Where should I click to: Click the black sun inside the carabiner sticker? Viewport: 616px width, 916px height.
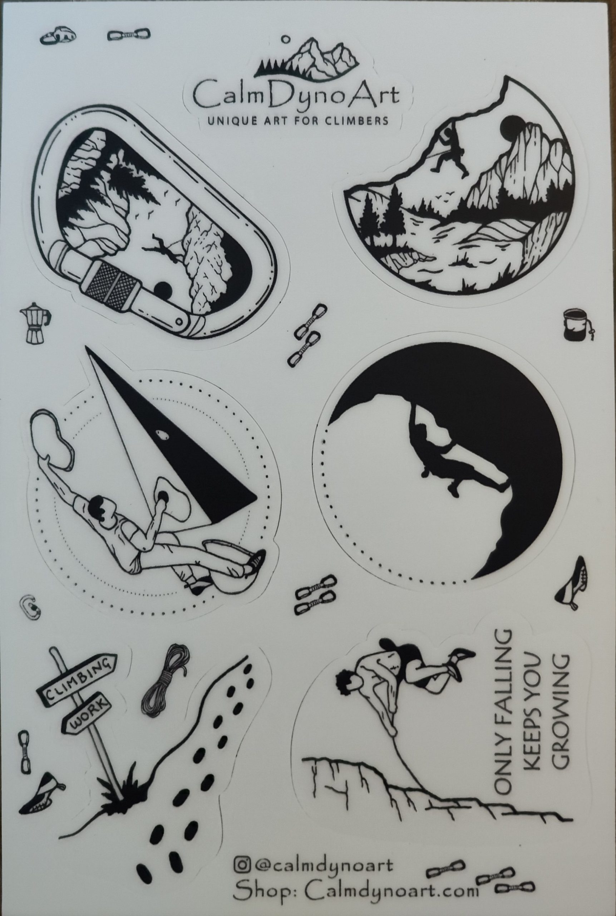(163, 290)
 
